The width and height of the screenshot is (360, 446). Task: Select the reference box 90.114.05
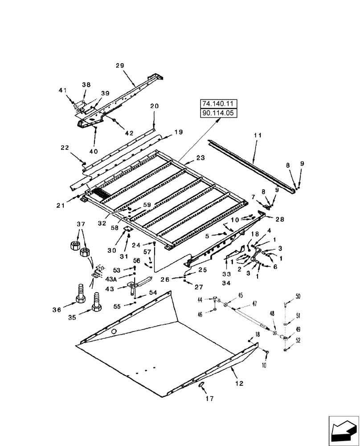tap(219, 113)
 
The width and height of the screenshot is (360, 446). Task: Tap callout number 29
tap(120, 66)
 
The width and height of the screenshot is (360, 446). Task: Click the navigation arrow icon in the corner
tap(343, 430)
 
